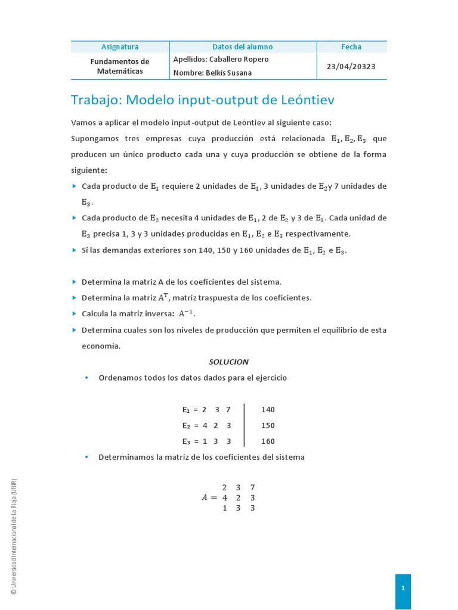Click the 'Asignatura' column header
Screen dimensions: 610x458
point(120,47)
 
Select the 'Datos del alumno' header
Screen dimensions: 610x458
point(243,47)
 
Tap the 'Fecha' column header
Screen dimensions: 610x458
point(351,47)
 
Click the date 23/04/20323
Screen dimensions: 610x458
point(351,66)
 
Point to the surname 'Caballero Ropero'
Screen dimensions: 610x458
point(240,60)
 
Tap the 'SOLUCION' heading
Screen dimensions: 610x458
point(228,362)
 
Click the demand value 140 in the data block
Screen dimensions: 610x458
point(268,410)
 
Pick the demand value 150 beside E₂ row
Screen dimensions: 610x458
point(268,426)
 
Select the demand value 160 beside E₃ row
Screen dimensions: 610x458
point(268,441)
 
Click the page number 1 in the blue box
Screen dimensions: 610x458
point(403,588)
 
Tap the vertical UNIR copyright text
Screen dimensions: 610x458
point(14,536)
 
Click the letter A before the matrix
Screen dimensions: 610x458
point(206,498)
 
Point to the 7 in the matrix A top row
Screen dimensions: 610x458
point(253,487)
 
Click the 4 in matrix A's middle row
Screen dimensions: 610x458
point(224,497)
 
